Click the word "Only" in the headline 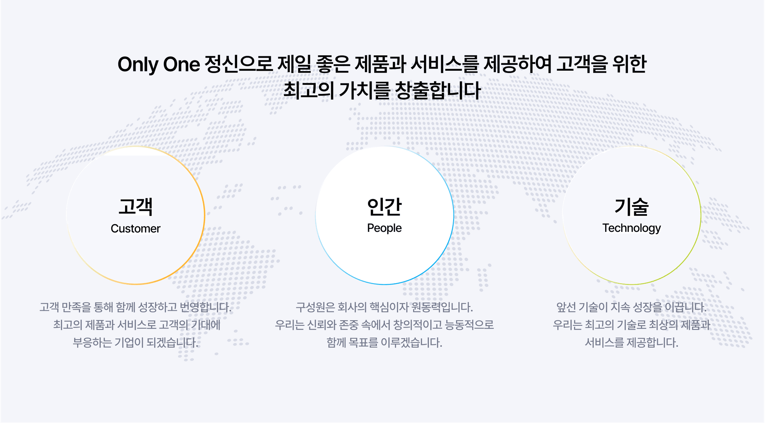138,65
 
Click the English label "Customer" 136,229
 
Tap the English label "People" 384,228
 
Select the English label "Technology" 632,228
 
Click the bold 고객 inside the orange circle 136,207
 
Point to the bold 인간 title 384,207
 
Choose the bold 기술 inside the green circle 632,207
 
